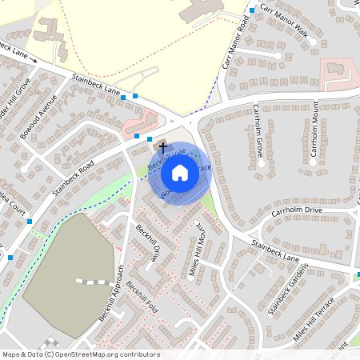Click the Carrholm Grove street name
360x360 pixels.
point(258,136)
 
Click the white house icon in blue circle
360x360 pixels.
point(180,172)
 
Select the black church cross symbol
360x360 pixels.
point(163,147)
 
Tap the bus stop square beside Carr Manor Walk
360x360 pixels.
point(251,10)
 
